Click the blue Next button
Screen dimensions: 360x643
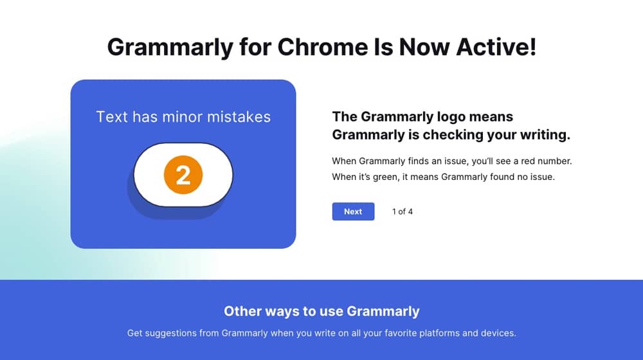[x=353, y=212]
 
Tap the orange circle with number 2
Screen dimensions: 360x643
[x=183, y=175]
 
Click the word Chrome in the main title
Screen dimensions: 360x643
[x=327, y=47]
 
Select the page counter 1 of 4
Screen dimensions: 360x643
[x=403, y=212]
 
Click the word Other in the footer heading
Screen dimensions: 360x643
[x=242, y=312]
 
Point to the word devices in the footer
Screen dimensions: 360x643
[x=499, y=334]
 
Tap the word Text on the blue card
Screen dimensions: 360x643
[x=112, y=117]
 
